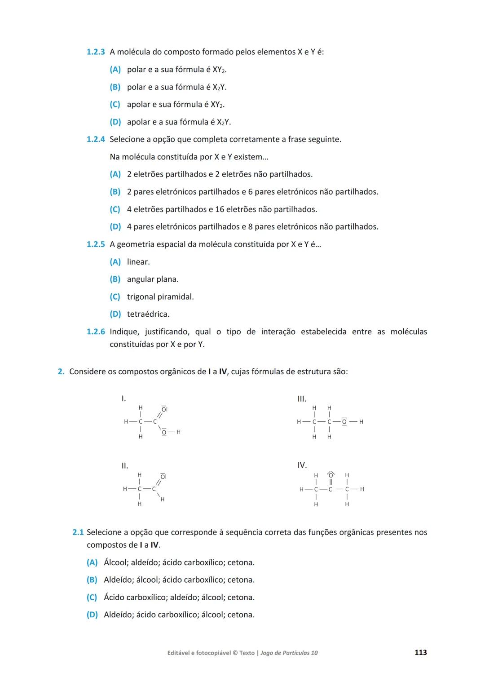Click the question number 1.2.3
click(95, 52)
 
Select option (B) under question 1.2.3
click(115, 87)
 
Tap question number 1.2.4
click(95, 140)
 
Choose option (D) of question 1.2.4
click(115, 227)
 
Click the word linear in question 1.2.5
click(138, 262)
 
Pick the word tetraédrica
click(148, 314)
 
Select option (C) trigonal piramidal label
click(115, 297)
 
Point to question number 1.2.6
click(95, 332)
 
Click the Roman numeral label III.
click(302, 398)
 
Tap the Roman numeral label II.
click(124, 466)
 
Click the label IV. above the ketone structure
click(302, 465)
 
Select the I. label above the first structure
click(123, 398)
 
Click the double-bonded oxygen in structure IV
click(331, 475)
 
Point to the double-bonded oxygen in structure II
click(163, 476)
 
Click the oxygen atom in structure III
click(344, 422)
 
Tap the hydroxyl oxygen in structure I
click(164, 432)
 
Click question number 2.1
click(78, 532)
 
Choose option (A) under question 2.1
click(92, 562)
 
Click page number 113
click(420, 652)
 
